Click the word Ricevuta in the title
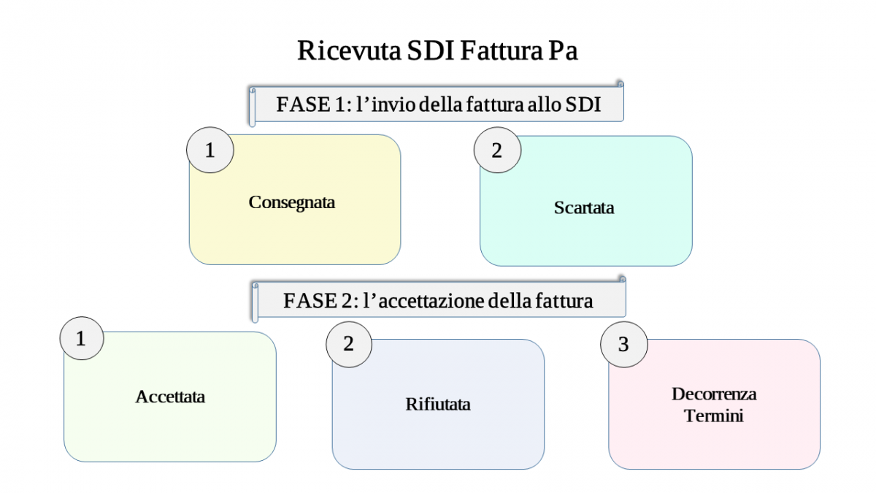(x=349, y=50)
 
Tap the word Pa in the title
(x=563, y=50)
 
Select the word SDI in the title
(x=431, y=50)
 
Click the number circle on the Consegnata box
(x=210, y=150)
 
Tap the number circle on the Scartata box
(x=497, y=150)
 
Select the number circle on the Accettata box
(x=82, y=338)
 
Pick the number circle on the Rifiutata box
(x=349, y=344)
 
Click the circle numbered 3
(x=624, y=344)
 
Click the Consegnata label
(x=292, y=203)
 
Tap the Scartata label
(x=584, y=207)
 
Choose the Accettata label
(x=170, y=397)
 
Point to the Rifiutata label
(x=438, y=404)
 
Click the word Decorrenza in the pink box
(x=714, y=394)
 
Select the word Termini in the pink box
(x=714, y=416)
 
